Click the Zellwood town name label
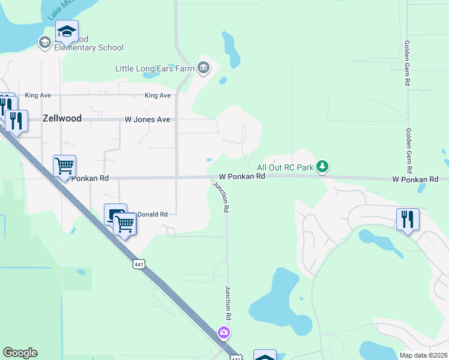click(62, 119)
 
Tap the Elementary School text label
click(89, 48)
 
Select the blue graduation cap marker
click(67, 32)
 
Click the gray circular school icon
click(44, 42)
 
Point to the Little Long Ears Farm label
click(155, 68)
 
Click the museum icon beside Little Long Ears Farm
click(203, 68)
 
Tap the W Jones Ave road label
click(147, 119)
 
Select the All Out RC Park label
click(285, 167)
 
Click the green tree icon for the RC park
click(323, 167)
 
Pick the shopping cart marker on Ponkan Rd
click(64, 166)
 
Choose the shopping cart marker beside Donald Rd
click(125, 224)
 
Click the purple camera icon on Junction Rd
click(224, 332)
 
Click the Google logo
click(20, 353)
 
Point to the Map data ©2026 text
click(423, 355)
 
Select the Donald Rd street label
click(154, 214)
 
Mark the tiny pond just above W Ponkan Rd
click(209, 160)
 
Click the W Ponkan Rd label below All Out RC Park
click(242, 177)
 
